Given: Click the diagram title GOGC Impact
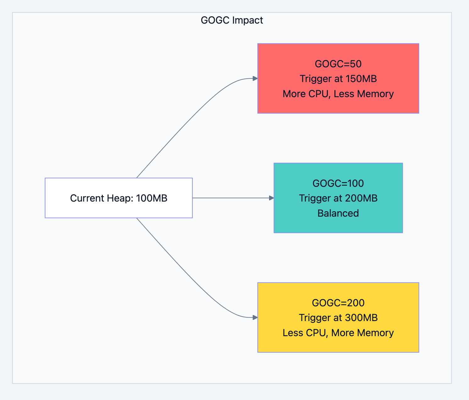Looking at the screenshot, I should coord(232,20).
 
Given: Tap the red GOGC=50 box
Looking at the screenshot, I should coord(338,50).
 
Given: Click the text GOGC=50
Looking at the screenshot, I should coord(338,64).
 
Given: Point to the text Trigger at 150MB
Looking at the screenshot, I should coord(338,79).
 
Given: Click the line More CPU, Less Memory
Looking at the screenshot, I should coord(338,94).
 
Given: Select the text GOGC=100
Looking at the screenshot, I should coord(338,183).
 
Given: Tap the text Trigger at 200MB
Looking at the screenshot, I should coord(338,198).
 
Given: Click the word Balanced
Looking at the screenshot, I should coord(338,213).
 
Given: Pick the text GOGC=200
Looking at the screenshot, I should coord(338,303).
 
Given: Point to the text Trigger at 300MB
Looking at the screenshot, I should coord(338,318).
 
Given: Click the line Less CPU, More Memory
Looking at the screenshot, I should coord(338,333).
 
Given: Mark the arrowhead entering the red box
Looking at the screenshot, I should coord(255,79).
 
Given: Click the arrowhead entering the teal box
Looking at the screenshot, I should coord(271,198).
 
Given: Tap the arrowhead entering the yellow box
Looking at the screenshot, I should coord(255,318).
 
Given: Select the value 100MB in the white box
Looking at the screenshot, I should coord(152,198).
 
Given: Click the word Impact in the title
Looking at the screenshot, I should coord(248,20).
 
